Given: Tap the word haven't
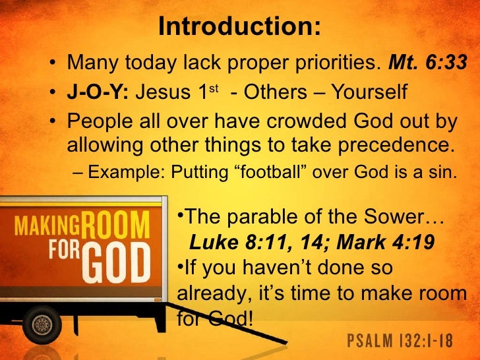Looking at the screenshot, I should pos(272,269).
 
